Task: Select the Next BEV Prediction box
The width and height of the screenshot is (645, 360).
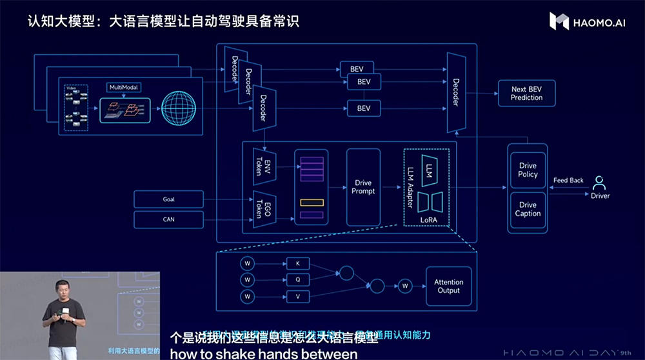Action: (x=526, y=94)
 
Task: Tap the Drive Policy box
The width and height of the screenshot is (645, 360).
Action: (x=528, y=170)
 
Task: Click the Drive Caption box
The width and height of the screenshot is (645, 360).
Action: (x=528, y=209)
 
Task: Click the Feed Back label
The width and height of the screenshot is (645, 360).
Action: (x=568, y=181)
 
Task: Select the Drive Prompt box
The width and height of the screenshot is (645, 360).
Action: (x=364, y=187)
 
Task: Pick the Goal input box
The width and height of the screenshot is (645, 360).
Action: (x=168, y=199)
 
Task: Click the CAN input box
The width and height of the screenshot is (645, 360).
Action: (x=168, y=219)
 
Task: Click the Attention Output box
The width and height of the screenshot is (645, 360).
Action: (x=448, y=286)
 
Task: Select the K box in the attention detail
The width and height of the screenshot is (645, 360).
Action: (x=297, y=263)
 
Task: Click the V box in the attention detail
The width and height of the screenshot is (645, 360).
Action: (x=297, y=297)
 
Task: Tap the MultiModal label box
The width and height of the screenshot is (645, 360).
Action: (x=123, y=87)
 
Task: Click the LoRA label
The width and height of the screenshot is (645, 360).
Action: (x=428, y=220)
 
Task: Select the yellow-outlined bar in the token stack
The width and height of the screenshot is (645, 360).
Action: (x=311, y=203)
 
